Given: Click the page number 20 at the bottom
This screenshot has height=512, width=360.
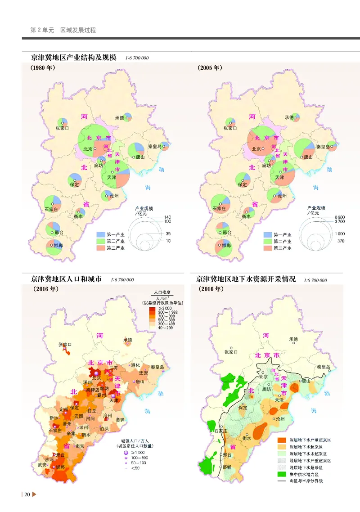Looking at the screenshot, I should tap(27, 495).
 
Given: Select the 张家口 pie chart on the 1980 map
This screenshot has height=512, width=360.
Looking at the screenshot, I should tap(63, 122).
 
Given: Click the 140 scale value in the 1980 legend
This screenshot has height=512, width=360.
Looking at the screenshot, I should tap(168, 217).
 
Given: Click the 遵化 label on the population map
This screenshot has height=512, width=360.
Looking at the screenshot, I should tap(135, 366).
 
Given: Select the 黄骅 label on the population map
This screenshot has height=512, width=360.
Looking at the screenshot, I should tap(120, 420).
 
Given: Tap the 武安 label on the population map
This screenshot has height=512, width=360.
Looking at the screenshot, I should tap(42, 464).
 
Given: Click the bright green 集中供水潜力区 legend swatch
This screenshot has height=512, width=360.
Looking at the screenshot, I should tap(281, 474).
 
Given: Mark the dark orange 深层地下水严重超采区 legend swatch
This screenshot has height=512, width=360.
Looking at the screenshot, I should tap(281, 440).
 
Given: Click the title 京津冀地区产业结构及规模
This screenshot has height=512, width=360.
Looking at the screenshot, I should tap(74, 58).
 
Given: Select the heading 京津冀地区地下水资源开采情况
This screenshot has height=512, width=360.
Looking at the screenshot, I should tap(246, 279).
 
